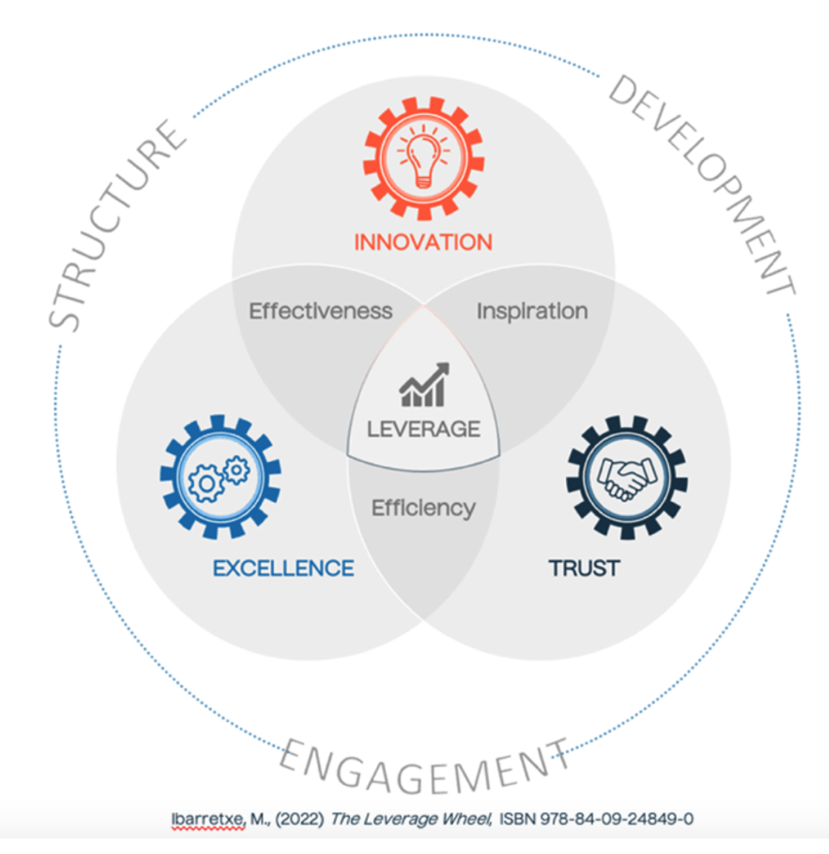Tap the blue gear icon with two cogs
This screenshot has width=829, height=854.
220,477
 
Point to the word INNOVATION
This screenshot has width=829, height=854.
423,242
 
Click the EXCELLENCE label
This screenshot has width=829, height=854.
283,568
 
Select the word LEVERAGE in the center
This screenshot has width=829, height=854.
424,428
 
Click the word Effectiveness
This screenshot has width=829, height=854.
321,311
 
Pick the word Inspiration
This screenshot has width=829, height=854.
532,311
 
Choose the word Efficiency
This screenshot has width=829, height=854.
423,509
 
